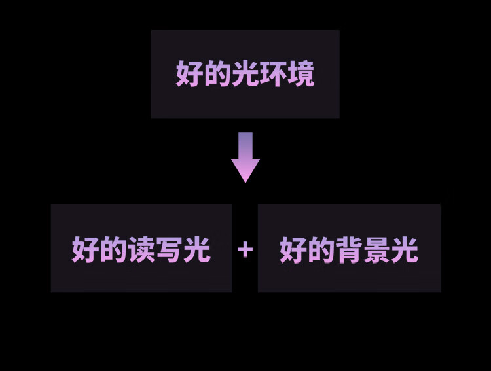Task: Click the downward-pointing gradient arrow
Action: [x=245, y=157]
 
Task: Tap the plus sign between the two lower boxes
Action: [x=245, y=249]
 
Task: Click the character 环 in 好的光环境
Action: [x=273, y=74]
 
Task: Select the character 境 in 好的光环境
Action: [x=301, y=74]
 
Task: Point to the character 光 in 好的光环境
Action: [x=245, y=74]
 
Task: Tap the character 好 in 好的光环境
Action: [x=189, y=74]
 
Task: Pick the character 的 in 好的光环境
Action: [x=217, y=74]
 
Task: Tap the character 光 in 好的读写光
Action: [x=197, y=250]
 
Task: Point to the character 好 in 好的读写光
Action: [x=85, y=250]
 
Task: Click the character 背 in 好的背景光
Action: [x=349, y=250]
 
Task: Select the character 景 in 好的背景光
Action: [x=377, y=250]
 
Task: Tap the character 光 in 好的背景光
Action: [x=405, y=250]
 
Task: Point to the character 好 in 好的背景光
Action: [x=293, y=250]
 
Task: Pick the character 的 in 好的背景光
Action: [x=321, y=250]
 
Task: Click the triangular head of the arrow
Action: [x=245, y=170]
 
